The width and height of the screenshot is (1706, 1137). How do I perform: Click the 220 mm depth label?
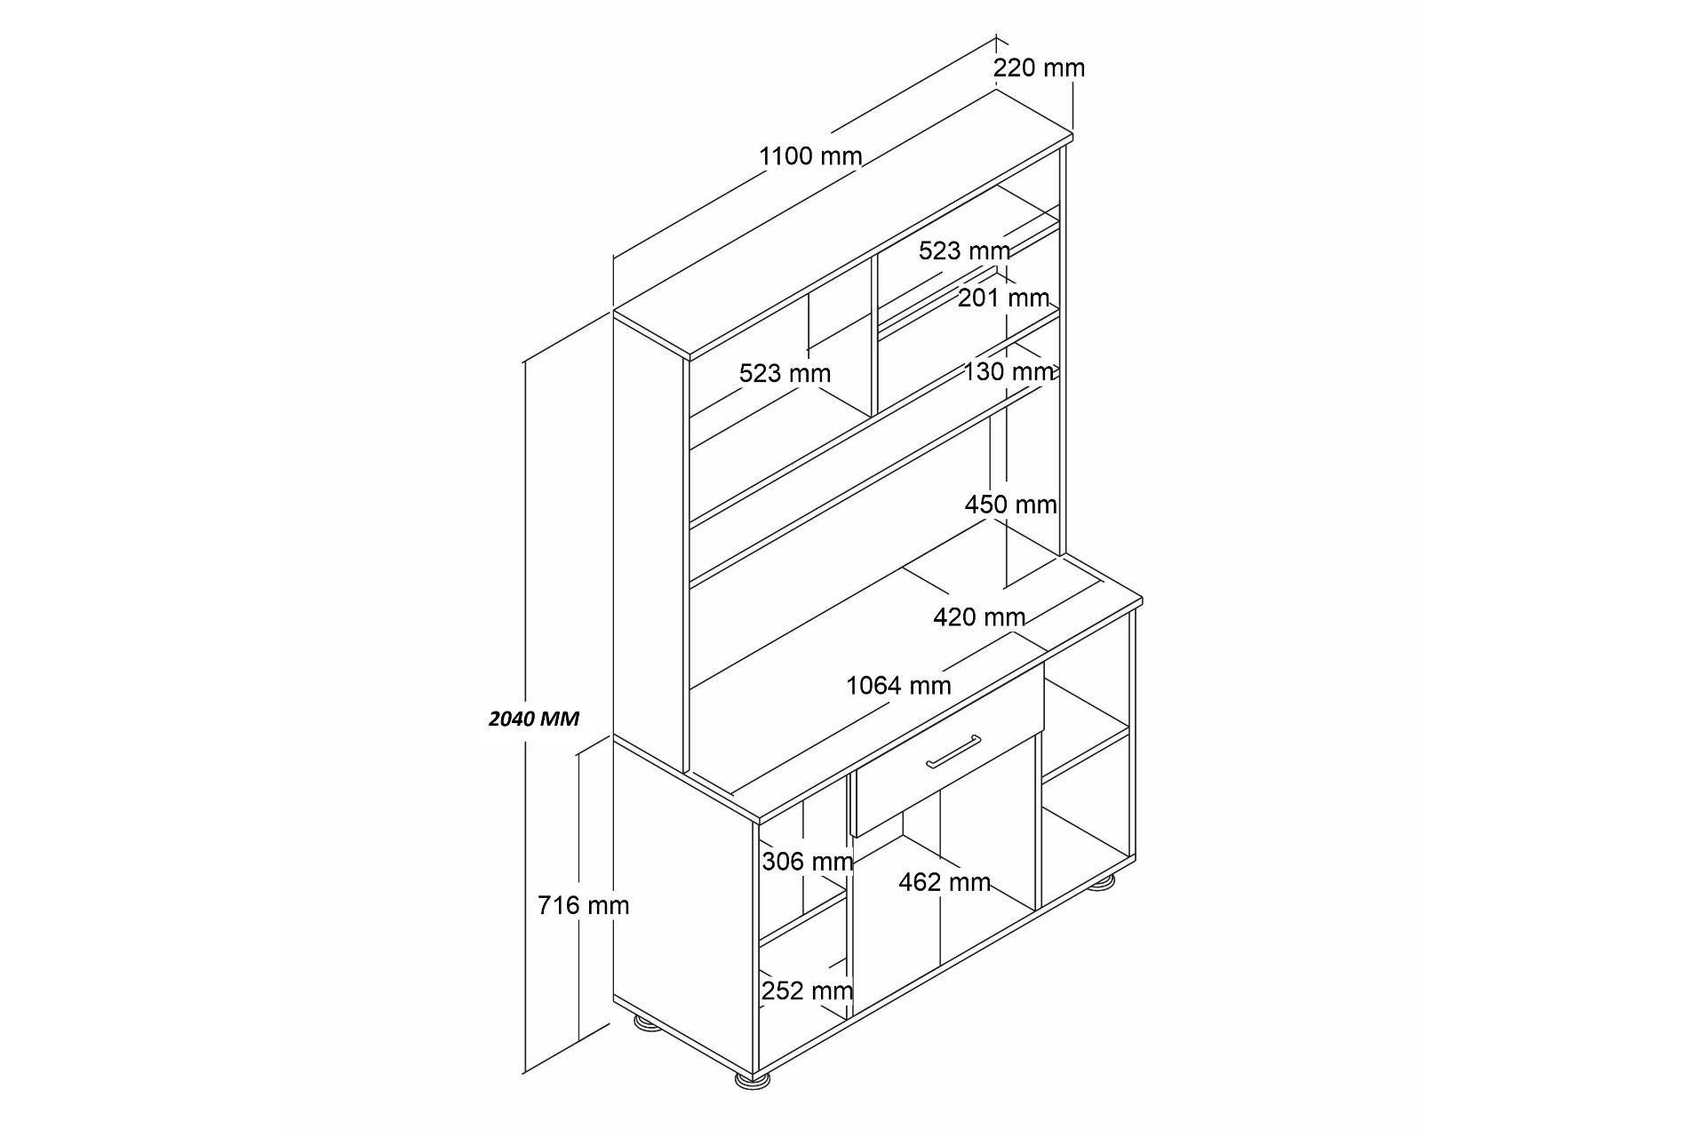(x=1039, y=68)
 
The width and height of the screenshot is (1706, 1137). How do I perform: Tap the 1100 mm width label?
(x=810, y=156)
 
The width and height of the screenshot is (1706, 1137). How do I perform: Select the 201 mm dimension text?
(x=1003, y=298)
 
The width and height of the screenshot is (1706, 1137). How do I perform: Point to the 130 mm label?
(x=1009, y=371)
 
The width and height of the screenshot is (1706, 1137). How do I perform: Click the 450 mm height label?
(x=1011, y=505)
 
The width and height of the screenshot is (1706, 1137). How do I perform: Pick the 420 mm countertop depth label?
(x=979, y=616)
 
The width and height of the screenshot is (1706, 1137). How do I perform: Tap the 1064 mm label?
(x=898, y=686)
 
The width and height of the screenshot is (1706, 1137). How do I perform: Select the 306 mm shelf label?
(x=808, y=861)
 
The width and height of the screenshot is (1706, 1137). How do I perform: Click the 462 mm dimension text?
(x=945, y=882)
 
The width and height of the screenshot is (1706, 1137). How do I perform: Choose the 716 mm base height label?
(x=583, y=905)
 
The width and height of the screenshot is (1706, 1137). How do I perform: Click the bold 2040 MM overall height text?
(x=534, y=719)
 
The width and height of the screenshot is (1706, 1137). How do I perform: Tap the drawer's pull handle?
(x=953, y=751)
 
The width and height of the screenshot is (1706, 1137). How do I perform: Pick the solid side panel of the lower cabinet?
(x=684, y=897)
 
